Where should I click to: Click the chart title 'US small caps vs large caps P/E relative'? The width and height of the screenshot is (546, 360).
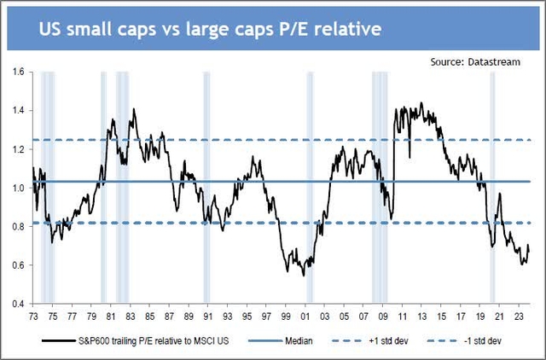coord(210,29)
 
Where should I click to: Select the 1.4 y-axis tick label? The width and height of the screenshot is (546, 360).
coord(17,111)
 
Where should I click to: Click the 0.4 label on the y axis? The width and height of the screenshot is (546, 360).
coord(17,304)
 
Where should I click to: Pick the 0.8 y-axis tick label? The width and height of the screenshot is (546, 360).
coord(17,227)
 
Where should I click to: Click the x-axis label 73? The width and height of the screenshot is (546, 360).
coord(33,313)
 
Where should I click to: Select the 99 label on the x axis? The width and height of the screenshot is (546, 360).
coord(289,313)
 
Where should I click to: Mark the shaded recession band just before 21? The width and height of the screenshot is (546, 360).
coord(492,188)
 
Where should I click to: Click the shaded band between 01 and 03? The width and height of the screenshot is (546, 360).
coord(309,188)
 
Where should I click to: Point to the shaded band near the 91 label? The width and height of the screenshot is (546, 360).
coord(206,188)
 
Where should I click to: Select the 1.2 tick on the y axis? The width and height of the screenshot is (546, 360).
coord(17,149)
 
